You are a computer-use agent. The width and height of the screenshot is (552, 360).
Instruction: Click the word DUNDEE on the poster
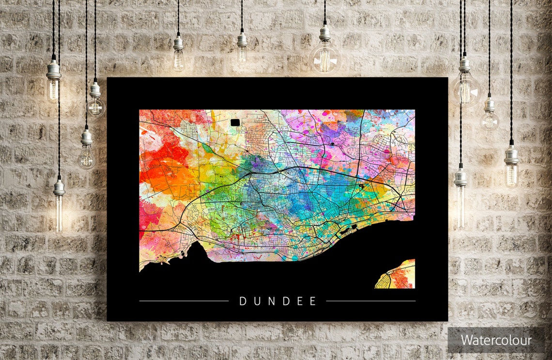(278, 301)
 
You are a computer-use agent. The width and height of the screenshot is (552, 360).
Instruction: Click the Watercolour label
(496, 340)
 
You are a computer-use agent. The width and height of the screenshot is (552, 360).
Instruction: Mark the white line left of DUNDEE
(184, 301)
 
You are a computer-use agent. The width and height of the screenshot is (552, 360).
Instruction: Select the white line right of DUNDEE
(370, 301)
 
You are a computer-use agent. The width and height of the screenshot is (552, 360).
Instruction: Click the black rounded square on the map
(235, 123)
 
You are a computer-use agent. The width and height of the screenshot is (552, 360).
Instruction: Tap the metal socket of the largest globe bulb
(325, 33)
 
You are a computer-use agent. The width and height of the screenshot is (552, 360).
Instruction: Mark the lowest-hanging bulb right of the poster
(460, 203)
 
